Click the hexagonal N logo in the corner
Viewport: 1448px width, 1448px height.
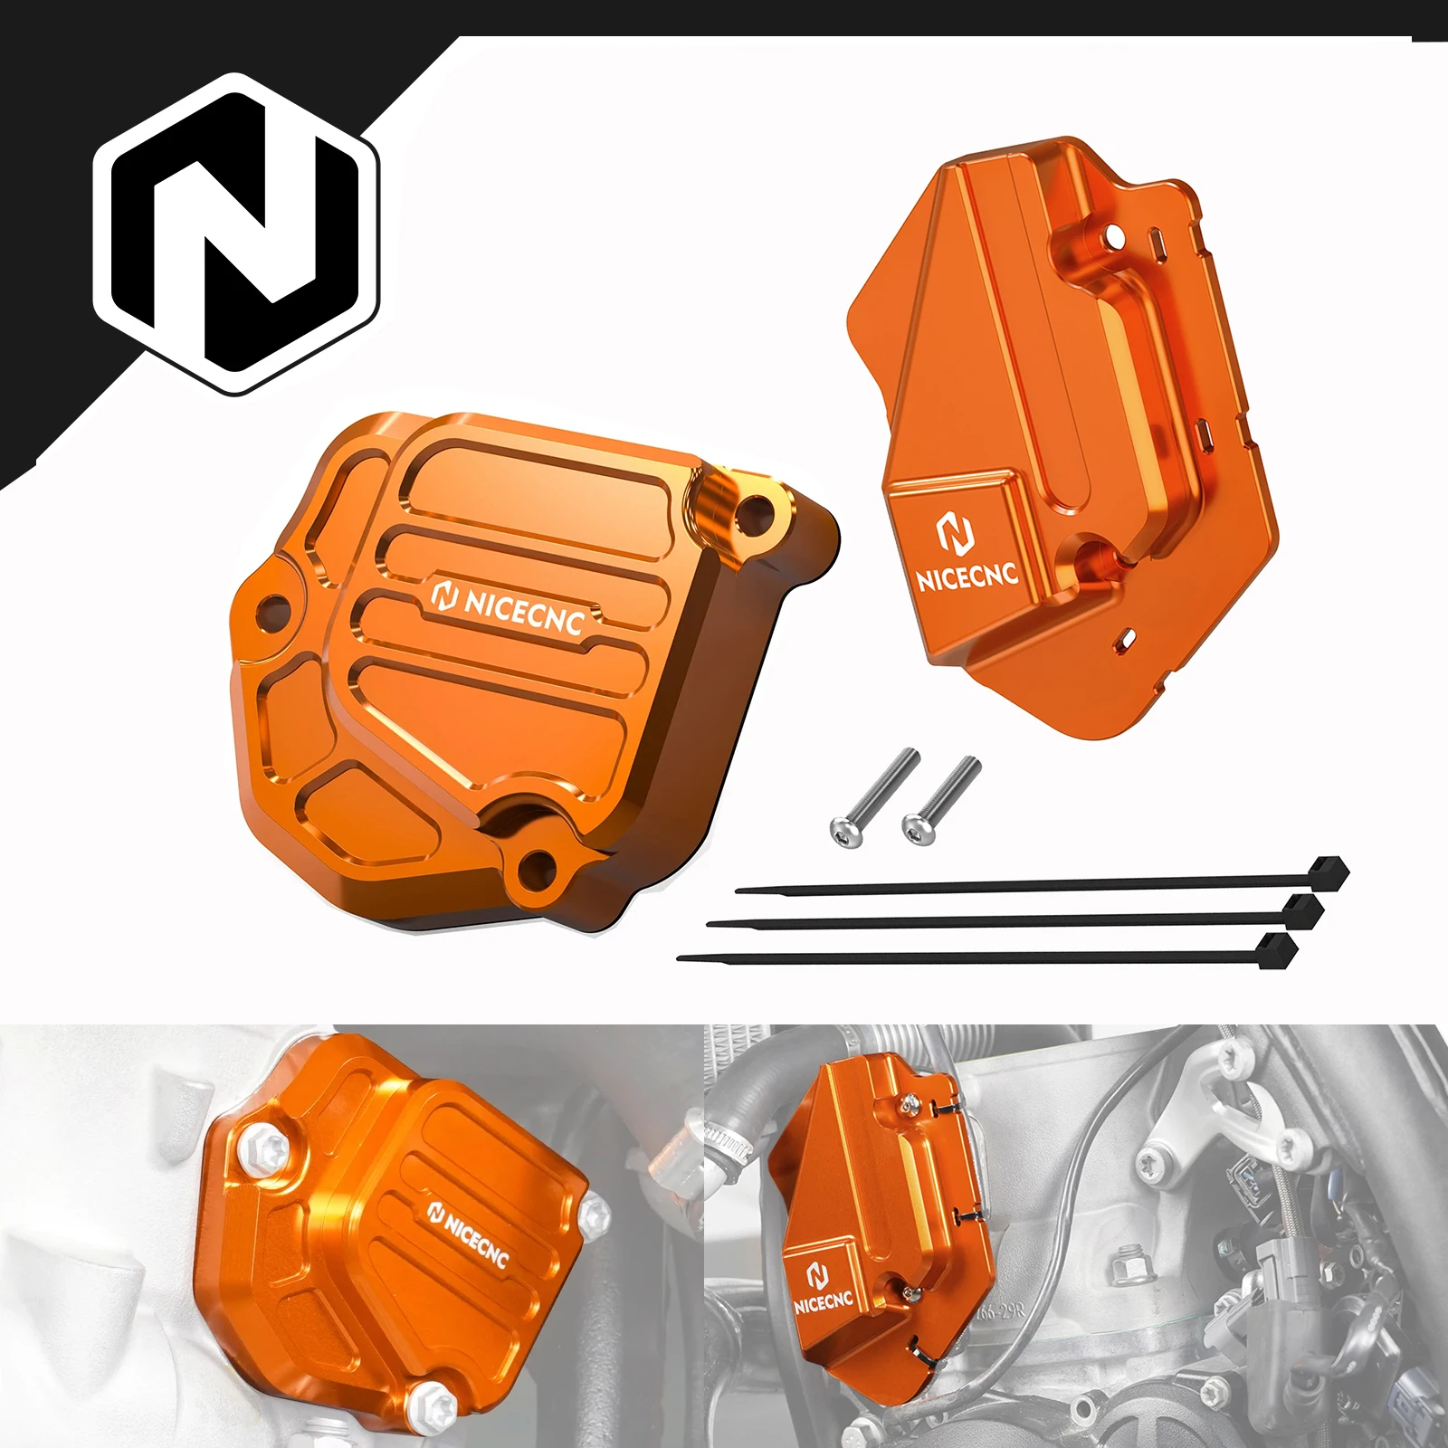tap(237, 233)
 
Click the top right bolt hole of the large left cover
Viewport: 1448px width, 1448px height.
tap(750, 512)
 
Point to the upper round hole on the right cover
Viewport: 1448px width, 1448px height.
tap(1114, 237)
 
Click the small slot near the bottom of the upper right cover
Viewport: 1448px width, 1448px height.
tap(1129, 636)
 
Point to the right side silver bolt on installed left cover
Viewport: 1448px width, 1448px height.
tap(596, 1215)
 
